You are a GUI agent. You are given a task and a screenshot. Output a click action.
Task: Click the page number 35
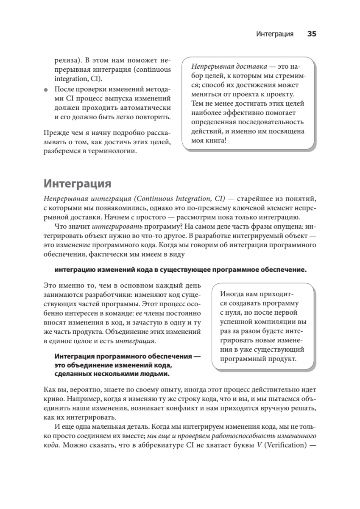pos(312,34)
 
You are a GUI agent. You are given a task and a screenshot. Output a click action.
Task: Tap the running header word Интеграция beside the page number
pos(275,34)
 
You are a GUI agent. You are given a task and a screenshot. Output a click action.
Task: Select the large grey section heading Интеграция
pos(77,184)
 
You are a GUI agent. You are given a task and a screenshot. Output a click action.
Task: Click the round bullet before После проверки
pos(46,90)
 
